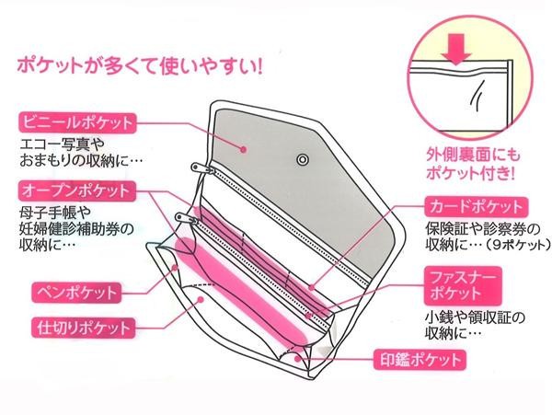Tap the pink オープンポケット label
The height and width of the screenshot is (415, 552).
[x=76, y=191]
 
